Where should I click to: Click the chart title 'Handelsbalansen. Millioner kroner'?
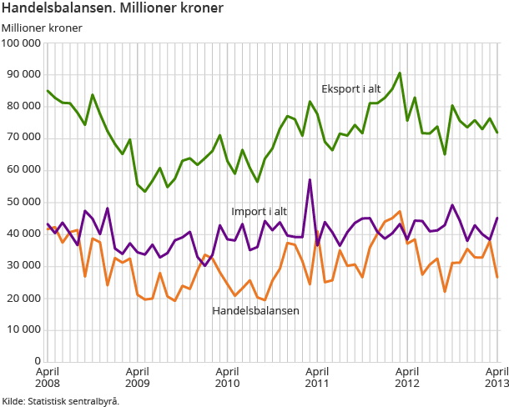[x=113, y=9]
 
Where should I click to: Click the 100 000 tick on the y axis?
[x=22, y=43]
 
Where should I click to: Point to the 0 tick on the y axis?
[x=38, y=361]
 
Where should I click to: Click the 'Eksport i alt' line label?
[x=350, y=89]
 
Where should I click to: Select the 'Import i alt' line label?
[x=259, y=210]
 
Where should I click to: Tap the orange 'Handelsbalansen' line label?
[x=255, y=310]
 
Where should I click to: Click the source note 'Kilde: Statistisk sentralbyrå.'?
[x=61, y=400]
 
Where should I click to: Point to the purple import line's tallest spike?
[x=310, y=180]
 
